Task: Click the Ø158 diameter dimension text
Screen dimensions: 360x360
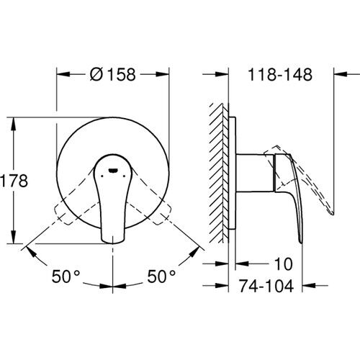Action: (x=113, y=74)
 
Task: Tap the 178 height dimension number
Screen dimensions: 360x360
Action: (x=14, y=181)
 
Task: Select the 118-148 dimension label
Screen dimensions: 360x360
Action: (x=280, y=74)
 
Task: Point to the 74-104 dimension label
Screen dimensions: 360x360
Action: (x=266, y=286)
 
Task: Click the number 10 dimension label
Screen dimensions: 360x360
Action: (x=284, y=264)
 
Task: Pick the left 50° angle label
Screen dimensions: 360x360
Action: (x=66, y=276)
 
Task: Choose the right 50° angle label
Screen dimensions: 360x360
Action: (x=161, y=276)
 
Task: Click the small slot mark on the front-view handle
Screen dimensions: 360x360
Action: (x=113, y=171)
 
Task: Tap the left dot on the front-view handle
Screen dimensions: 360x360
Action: (x=102, y=176)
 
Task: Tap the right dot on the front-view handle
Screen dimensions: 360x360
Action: (x=124, y=176)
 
